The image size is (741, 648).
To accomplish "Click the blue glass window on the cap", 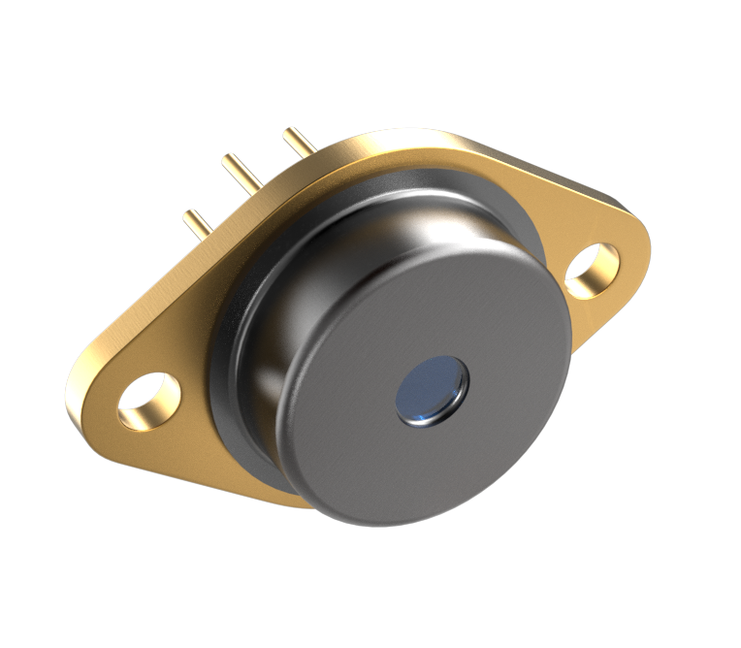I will [432, 390].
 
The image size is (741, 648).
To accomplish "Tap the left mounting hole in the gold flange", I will [148, 401].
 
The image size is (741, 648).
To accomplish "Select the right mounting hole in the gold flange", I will [591, 271].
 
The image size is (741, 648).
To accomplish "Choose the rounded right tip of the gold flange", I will [640, 243].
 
